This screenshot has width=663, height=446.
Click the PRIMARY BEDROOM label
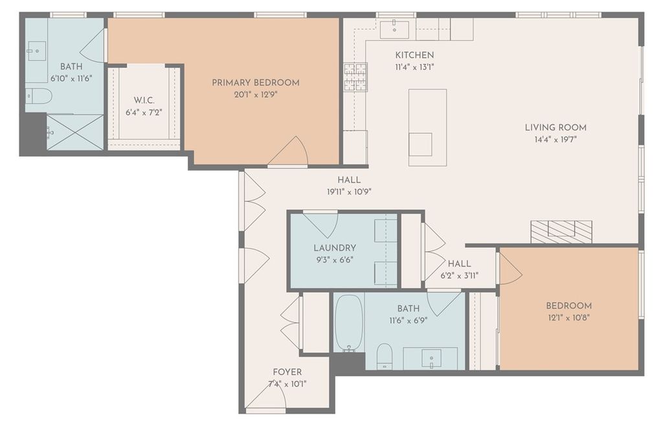tap(255, 82)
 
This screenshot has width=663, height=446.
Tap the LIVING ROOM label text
tap(556, 128)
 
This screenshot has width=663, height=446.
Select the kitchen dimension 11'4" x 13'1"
tap(414, 67)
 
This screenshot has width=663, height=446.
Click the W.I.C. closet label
tap(144, 100)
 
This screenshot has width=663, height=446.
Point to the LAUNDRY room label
tap(335, 248)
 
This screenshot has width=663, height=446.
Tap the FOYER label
tap(287, 372)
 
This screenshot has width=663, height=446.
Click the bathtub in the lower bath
tap(349, 323)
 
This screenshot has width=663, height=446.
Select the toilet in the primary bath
tap(38, 96)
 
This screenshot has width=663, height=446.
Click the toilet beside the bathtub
tap(385, 357)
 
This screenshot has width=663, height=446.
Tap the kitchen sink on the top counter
tap(394, 30)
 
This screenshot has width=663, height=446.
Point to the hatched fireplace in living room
tap(561, 232)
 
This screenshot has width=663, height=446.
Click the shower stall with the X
tap(75, 132)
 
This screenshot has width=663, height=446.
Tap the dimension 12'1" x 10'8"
tap(568, 317)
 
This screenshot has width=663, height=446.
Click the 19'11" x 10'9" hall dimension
tap(349, 192)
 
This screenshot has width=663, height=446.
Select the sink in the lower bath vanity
tap(431, 359)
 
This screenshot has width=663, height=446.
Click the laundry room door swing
tap(320, 225)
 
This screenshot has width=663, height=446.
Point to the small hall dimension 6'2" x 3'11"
tap(460, 276)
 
